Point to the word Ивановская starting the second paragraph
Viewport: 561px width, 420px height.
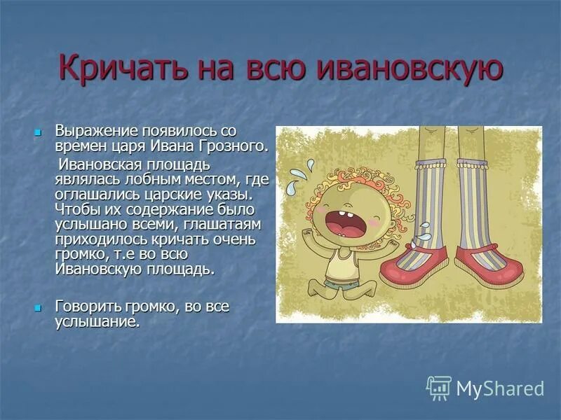pyautogui.click(x=100, y=164)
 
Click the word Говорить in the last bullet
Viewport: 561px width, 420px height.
pyautogui.click(x=88, y=307)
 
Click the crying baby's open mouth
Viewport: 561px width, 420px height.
pyautogui.click(x=349, y=228)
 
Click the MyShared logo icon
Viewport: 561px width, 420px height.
pyautogui.click(x=439, y=388)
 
